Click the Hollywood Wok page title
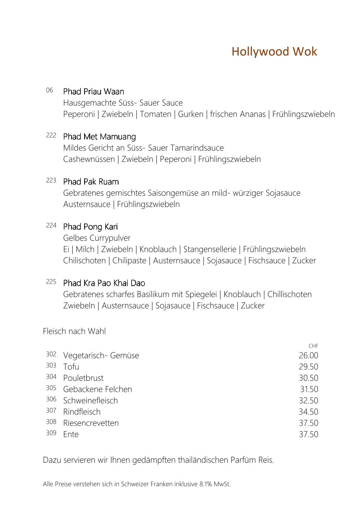coord(274,52)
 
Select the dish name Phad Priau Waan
coord(93,92)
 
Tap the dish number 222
coord(51,135)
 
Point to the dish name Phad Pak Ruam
coord(91,182)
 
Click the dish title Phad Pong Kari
coord(90,227)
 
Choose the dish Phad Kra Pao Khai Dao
coord(104,283)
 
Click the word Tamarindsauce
coord(197,148)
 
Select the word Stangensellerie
coord(210,250)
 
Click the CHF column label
coord(313,346)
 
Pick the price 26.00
coord(308,356)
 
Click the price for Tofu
coord(308,367)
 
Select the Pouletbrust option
coord(83,378)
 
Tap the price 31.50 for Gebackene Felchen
coord(309,389)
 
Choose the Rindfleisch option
coord(82,412)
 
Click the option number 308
coord(51,422)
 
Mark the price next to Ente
coord(308,434)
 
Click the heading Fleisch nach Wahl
coord(74,331)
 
